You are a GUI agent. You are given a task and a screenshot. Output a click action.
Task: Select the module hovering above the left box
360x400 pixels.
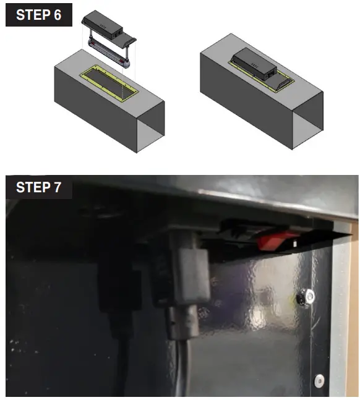[x=112, y=25]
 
